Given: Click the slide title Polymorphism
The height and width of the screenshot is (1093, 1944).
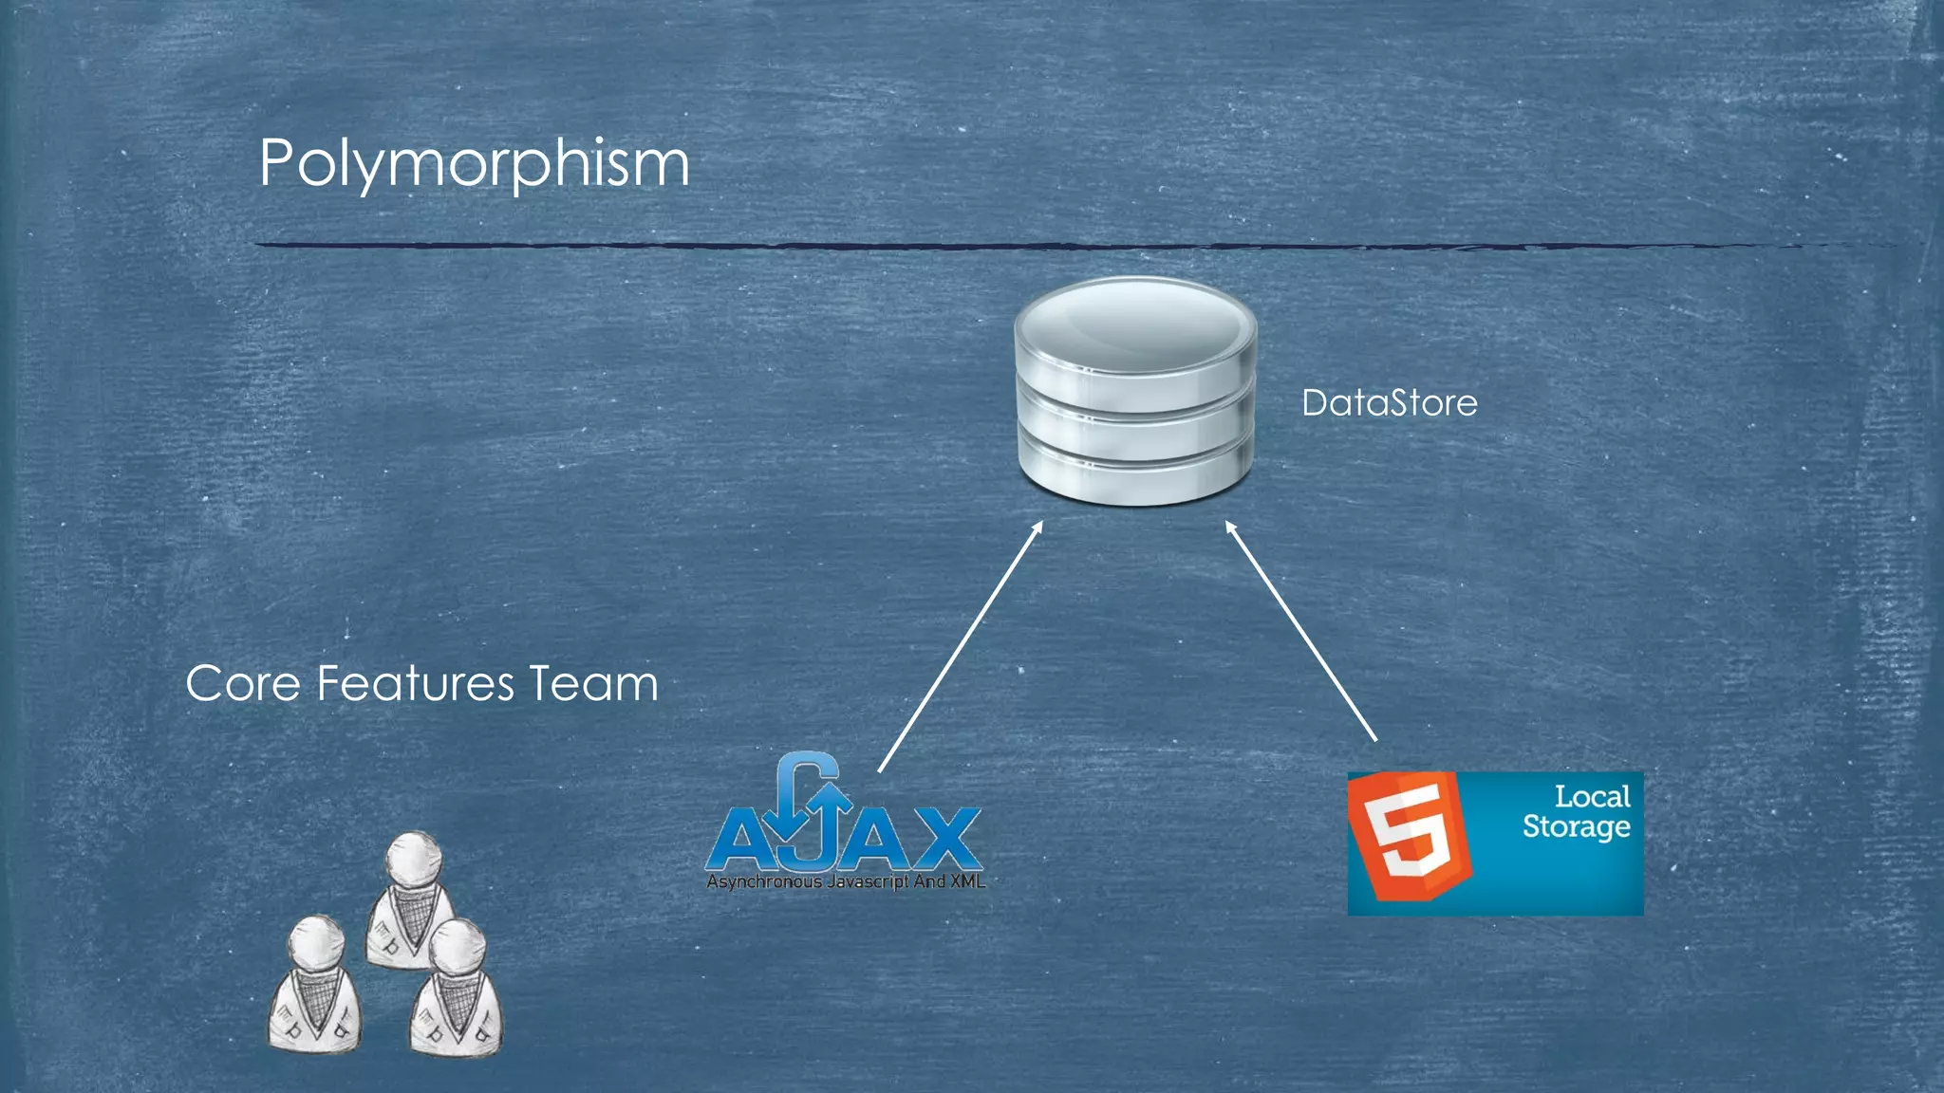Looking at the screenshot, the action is (x=474, y=163).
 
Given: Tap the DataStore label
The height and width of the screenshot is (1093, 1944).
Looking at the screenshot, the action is (x=1389, y=403).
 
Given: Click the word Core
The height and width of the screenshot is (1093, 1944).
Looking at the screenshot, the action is (x=243, y=683).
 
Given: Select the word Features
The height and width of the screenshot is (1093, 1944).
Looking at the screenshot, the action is (x=416, y=683).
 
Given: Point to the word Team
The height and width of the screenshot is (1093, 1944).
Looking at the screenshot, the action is (x=593, y=683).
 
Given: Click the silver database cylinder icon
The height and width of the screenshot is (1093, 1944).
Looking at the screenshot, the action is (x=1135, y=391).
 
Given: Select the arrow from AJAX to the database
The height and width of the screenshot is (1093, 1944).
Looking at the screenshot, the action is (x=961, y=647).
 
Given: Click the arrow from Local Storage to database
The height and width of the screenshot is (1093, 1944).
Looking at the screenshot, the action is (x=1300, y=631).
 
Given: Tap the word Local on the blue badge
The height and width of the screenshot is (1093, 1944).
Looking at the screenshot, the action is (x=1592, y=796).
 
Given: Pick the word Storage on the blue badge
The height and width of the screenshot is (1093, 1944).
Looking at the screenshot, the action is (x=1576, y=826).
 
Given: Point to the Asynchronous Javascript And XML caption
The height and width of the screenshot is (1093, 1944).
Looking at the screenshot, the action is (x=845, y=882).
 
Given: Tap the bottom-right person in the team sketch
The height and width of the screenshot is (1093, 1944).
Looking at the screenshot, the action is (x=457, y=991).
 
